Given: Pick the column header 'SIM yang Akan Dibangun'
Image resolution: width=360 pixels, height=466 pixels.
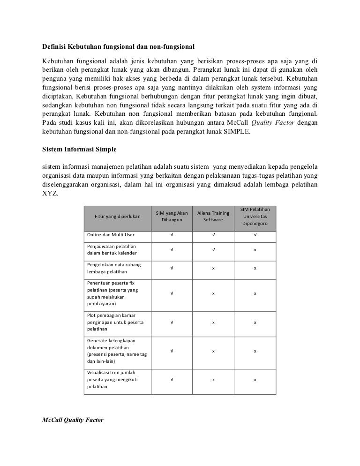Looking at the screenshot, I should (172, 216).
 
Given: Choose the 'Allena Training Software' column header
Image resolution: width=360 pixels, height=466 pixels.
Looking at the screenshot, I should (213, 216).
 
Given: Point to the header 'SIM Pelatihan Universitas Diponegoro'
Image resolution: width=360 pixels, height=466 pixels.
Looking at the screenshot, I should (255, 216).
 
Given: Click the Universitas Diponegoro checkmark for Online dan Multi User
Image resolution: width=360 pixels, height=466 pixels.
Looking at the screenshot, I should (255, 235).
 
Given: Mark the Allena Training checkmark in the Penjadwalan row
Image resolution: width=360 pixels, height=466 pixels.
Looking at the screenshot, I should (213, 250).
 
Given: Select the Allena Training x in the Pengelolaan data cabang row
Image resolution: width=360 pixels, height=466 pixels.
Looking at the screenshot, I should (213, 268).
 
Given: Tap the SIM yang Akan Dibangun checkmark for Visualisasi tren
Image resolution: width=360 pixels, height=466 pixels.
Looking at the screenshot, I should (172, 379).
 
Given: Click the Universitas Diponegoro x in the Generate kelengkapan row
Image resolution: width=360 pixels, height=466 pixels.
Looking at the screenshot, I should (255, 351).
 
